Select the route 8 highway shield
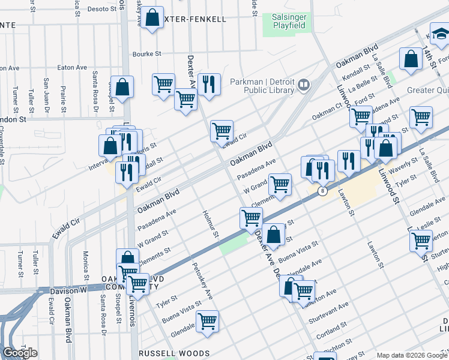click(323, 191)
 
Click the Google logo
click(20, 353)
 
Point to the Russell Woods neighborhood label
click(174, 353)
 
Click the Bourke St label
click(148, 53)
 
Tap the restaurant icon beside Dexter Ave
click(208, 85)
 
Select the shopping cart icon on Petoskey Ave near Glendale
click(207, 321)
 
